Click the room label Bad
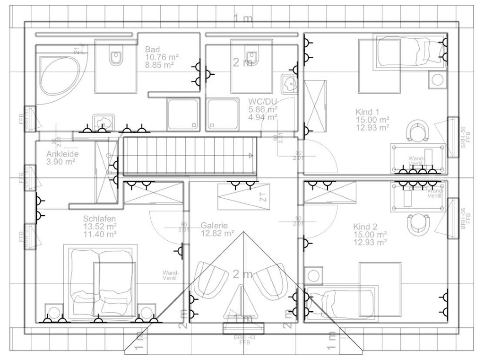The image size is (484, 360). pyautogui.click(x=152, y=49)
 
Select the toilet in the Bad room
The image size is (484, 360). pyautogui.click(x=116, y=57)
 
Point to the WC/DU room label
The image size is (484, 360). pyautogui.click(x=262, y=101)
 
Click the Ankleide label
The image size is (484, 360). pyautogui.click(x=62, y=154)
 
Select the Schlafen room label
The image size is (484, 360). pyautogui.click(x=99, y=219)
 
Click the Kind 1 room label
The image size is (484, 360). pyautogui.click(x=367, y=112)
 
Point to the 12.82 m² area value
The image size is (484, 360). pyautogui.click(x=217, y=233)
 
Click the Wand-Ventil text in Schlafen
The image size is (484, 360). pyautogui.click(x=170, y=275)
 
